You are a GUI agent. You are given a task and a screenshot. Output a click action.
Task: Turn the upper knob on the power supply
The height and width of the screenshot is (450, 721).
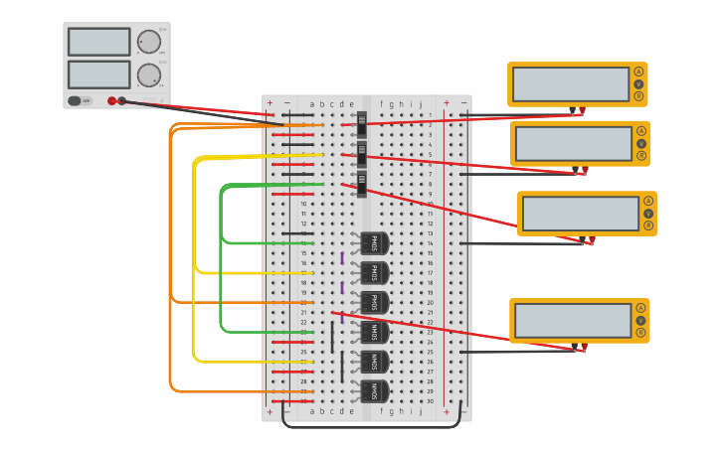(x=148, y=42)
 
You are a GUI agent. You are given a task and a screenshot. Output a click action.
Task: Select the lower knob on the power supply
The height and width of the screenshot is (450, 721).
(x=148, y=75)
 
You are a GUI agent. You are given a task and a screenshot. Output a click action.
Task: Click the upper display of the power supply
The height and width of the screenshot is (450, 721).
(x=98, y=42)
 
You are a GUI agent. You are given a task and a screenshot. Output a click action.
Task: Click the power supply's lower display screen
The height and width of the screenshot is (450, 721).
(x=98, y=75)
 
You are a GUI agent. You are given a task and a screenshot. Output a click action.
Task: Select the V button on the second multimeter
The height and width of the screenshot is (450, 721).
(x=641, y=143)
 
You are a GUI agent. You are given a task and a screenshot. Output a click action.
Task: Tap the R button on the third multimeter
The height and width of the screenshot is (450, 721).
(x=648, y=225)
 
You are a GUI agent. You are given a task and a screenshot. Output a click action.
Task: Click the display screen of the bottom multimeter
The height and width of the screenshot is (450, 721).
(x=572, y=320)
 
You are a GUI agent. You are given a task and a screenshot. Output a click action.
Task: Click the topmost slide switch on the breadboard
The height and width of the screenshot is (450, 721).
(x=362, y=124)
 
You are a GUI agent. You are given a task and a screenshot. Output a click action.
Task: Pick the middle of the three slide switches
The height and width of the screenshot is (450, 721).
(x=362, y=154)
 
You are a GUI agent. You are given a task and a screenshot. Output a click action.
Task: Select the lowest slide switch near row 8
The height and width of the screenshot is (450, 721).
(x=362, y=184)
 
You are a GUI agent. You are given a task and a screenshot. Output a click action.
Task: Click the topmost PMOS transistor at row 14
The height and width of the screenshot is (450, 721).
(x=374, y=243)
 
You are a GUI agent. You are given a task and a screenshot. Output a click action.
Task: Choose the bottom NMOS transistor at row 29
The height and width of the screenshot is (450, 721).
(x=374, y=391)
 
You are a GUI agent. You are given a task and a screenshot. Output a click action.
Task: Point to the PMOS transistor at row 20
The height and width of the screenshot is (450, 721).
(x=374, y=302)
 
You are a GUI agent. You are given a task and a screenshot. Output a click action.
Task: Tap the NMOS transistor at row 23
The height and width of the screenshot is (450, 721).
(x=374, y=332)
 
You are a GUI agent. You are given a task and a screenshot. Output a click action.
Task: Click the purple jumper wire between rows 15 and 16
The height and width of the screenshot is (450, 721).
(x=342, y=258)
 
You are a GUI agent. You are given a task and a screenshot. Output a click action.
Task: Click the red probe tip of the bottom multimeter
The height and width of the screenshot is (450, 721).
(x=584, y=347)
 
